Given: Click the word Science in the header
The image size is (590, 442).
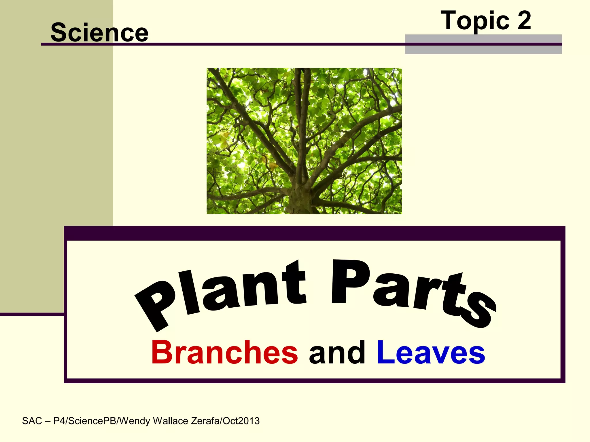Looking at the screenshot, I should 99,32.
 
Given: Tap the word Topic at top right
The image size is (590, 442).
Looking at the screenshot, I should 475,21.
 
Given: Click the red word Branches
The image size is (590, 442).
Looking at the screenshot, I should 224,352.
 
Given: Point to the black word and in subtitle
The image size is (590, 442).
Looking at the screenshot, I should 337,352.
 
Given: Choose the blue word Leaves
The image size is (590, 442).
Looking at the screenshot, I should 431,352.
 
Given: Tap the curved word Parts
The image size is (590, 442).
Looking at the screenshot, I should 412,291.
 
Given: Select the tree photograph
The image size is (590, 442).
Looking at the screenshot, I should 304,141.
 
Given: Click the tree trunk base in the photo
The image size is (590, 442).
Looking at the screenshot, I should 300,201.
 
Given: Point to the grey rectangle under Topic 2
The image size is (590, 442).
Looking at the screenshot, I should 483,49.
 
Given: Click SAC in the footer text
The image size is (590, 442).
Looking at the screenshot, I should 32,421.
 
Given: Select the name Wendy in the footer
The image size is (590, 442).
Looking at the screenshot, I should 135,421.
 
